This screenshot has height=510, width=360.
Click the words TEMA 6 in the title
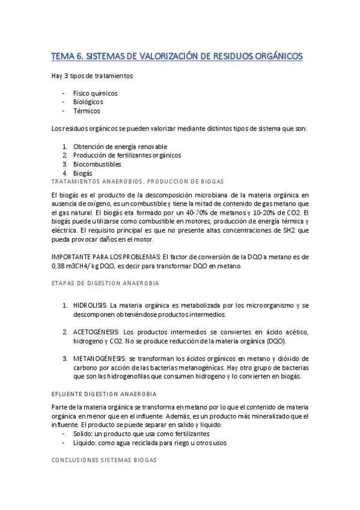67,57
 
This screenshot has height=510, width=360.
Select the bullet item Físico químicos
95,94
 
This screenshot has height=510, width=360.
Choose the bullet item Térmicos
87,111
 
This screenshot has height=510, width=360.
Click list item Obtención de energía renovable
120,147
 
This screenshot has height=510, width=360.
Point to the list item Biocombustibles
97,164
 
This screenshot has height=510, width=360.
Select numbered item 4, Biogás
82,173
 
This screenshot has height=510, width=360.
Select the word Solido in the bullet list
84,434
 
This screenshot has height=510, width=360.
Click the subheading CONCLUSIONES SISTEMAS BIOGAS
104,459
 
